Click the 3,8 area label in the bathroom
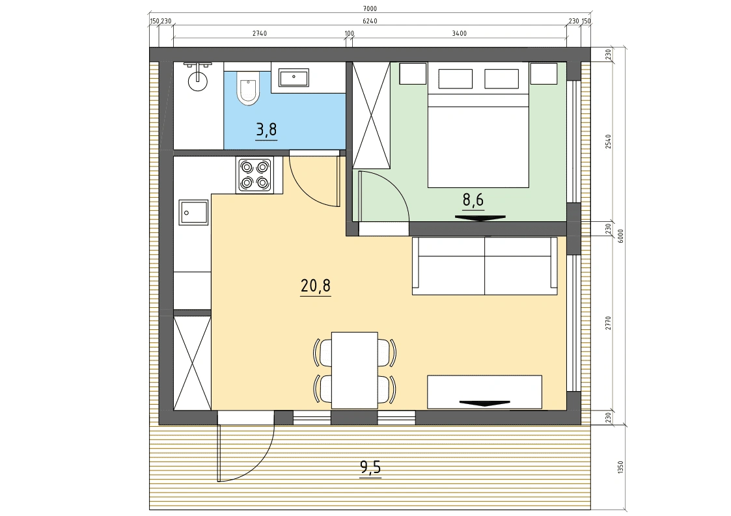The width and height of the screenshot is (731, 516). tap(267, 129)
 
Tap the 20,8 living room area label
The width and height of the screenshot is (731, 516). tap(316, 285)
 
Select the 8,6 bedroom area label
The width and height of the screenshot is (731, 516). tap(473, 200)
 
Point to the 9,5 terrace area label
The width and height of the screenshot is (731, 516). tap(370, 466)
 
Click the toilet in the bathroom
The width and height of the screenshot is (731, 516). tap(247, 88)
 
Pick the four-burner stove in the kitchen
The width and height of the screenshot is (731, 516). tap(255, 175)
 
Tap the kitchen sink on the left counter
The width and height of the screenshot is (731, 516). tap(193, 213)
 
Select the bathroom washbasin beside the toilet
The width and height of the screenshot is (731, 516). tap(294, 77)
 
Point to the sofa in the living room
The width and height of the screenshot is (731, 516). tap(484, 265)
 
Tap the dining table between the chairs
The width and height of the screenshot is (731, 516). tap(354, 370)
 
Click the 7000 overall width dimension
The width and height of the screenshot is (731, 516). tap(369, 8)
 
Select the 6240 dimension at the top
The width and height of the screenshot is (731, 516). tap(370, 21)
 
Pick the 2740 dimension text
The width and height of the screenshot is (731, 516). tap(260, 33)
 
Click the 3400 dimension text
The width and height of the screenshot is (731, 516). tap(459, 33)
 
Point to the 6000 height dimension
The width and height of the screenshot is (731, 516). tap(620, 236)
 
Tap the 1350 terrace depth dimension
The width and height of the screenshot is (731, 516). tap(620, 467)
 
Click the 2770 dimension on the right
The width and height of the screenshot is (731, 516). tap(608, 323)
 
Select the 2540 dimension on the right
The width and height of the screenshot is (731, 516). tap(608, 142)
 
